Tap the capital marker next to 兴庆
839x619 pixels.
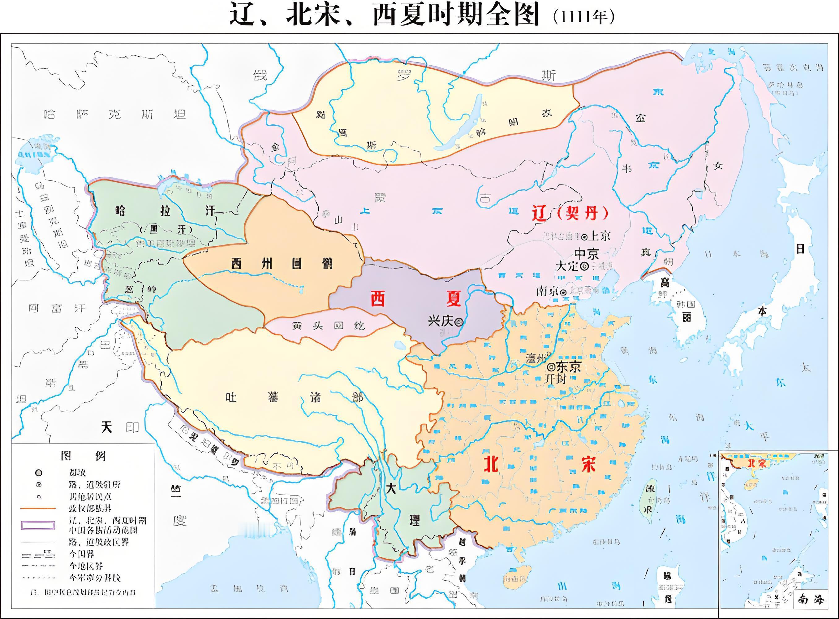coord(459,321)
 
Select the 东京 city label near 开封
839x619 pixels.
coord(568,366)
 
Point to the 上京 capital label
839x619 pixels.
coord(600,236)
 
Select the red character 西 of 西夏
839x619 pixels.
coord(377,299)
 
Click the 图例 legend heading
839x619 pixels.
coord(83,456)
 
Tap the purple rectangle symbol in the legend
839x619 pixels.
coord(38,525)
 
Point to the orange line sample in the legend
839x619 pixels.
coord(38,509)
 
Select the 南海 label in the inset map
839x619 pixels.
coord(813,599)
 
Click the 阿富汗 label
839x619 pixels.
coord(57,308)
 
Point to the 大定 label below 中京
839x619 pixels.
coord(567,266)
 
